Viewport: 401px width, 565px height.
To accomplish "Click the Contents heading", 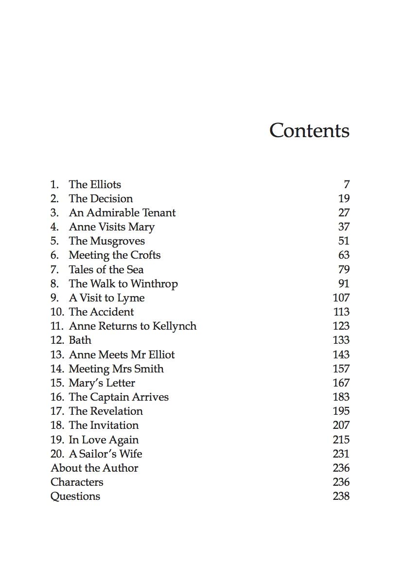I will (x=309, y=131).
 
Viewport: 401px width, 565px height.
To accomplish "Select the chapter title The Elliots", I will (x=95, y=184).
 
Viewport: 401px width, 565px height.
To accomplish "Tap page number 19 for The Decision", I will (x=344, y=198).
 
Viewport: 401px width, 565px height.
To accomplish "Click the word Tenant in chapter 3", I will (x=158, y=212).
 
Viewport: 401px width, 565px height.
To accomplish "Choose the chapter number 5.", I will (x=54, y=241).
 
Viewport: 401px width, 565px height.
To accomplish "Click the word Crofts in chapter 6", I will (x=145, y=255).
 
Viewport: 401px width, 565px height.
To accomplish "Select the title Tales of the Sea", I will (x=106, y=269).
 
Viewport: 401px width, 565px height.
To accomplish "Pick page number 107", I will (x=341, y=298).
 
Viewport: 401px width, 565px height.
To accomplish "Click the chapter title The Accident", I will (x=101, y=312).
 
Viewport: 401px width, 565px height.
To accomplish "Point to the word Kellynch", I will (x=174, y=326).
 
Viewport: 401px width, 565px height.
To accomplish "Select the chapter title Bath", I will (x=80, y=340).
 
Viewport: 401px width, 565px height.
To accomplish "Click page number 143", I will (x=341, y=354).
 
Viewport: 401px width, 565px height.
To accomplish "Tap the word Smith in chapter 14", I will (x=149, y=369).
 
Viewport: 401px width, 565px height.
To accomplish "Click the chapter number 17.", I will (x=57, y=411).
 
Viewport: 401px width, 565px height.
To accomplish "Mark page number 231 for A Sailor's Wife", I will (x=341, y=454).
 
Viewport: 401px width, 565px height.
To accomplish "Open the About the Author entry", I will (x=94, y=468).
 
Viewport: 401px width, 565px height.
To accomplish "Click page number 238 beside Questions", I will (x=341, y=496).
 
